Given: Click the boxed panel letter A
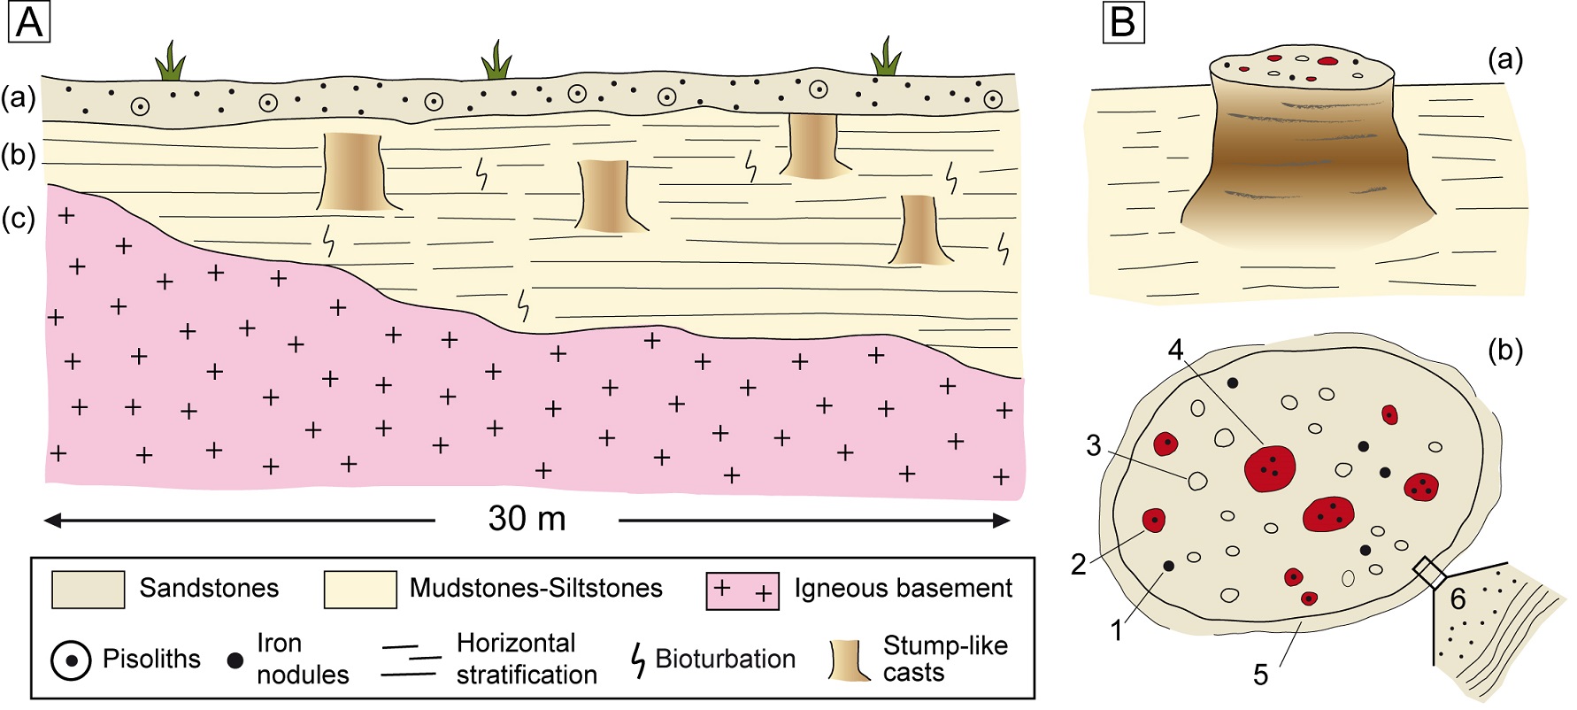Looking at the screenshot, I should [28, 22].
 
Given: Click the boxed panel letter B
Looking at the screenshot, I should [1123, 22].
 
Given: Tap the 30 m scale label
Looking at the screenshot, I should [527, 519].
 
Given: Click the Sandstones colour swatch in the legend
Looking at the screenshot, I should [88, 590].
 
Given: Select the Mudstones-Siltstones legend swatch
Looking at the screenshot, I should [359, 590].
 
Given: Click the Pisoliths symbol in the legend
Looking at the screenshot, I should [71, 660].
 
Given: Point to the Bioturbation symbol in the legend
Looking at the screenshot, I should [638, 660].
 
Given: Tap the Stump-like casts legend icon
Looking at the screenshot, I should [850, 660].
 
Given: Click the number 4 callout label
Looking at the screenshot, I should [1175, 351].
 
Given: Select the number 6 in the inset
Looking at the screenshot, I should [1458, 600].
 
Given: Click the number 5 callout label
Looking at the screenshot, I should [1260, 675].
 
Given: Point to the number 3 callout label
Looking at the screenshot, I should [1094, 445].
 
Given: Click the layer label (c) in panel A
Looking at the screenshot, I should [18, 218].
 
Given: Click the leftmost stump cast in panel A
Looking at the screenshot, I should [350, 172].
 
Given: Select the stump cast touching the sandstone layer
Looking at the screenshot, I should [812, 145].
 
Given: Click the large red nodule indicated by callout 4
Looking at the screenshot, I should [1270, 467].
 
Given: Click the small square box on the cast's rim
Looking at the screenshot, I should [1429, 572].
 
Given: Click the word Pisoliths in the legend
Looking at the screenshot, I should [151, 660].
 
